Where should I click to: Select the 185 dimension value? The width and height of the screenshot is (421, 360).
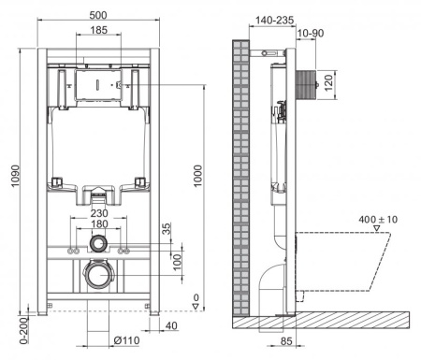pyautogui.click(x=96, y=32)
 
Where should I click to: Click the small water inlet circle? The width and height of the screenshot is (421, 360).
pyautogui.click(x=97, y=246)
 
